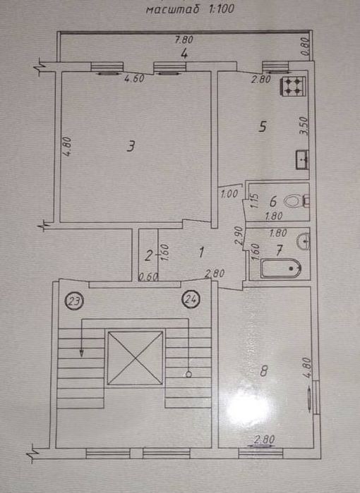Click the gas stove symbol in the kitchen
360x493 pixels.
pyautogui.click(x=293, y=87)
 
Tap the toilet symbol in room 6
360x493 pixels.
pyautogui.click(x=296, y=201)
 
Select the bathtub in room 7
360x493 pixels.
pyautogui.click(x=281, y=268)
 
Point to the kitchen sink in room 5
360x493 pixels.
pyautogui.click(x=302, y=159)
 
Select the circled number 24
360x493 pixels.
pyautogui.click(x=191, y=299)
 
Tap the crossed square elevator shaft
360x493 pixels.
pyautogui.click(x=136, y=358)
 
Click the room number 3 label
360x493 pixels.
pyautogui.click(x=131, y=147)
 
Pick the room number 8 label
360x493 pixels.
pyautogui.click(x=264, y=371)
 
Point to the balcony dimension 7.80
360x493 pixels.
pyautogui.click(x=184, y=40)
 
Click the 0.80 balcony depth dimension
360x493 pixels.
pyautogui.click(x=306, y=47)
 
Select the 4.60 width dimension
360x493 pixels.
pyautogui.click(x=134, y=78)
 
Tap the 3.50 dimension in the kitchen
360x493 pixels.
pyautogui.click(x=303, y=126)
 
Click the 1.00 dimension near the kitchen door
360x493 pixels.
pyautogui.click(x=229, y=194)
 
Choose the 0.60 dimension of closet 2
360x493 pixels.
pyautogui.click(x=148, y=276)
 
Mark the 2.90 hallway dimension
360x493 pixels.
pyautogui.click(x=239, y=236)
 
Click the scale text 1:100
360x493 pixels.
pyautogui.click(x=220, y=8)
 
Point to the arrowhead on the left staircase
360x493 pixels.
pyautogui.click(x=81, y=353)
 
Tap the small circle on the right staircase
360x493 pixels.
pyautogui.click(x=188, y=374)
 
